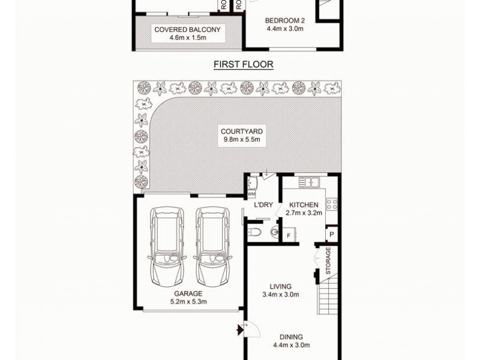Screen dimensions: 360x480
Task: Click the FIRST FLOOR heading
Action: tap(243, 64)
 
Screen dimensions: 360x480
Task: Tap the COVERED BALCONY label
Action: tap(187, 29)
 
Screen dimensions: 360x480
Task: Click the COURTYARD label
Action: tap(242, 132)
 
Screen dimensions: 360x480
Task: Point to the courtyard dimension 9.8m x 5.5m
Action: tap(242, 141)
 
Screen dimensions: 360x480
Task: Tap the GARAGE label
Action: tap(187, 293)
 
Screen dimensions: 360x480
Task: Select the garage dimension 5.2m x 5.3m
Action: tap(187, 302)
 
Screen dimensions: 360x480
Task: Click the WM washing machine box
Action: tap(251, 194)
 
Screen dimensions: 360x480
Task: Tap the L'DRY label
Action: tap(263, 205)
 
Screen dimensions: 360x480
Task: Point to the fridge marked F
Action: tap(289, 235)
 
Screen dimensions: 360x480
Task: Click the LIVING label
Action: tap(281, 286)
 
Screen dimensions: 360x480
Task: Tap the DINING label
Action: tap(290, 337)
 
